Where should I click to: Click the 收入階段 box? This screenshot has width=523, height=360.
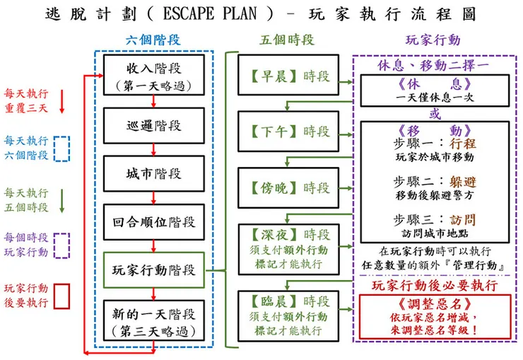tap(153, 77)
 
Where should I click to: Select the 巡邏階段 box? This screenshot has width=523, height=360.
tap(153, 125)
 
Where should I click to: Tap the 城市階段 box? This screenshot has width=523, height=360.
tap(153, 173)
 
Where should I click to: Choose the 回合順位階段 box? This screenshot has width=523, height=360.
tap(153, 221)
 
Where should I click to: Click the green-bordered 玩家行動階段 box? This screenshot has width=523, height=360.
tap(153, 269)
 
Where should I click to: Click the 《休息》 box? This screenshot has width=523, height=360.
tap(435, 90)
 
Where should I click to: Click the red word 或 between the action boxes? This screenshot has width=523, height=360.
tap(435, 114)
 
